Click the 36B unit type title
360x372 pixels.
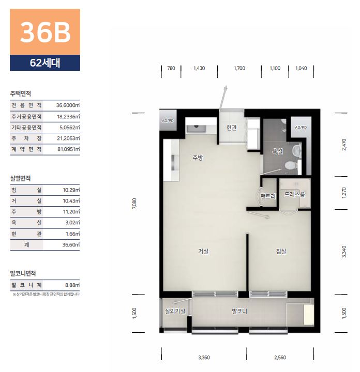coord(45,33)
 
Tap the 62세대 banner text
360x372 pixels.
coord(45,63)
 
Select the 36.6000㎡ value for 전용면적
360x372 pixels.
coord(68,105)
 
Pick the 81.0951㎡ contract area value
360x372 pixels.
coord(68,149)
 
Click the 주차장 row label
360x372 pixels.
coord(26,138)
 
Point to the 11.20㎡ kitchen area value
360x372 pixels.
coord(71,212)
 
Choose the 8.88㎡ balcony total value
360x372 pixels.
coord(72,285)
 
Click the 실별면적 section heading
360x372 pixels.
coord(20,178)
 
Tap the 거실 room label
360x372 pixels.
coord(203,251)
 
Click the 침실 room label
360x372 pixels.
coord(281,251)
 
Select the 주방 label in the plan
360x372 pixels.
coord(198,158)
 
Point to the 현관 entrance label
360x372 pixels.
coord(232,128)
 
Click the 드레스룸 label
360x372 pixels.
coord(294,195)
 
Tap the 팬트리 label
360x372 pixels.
coord(268,196)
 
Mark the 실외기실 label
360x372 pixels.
coord(175,311)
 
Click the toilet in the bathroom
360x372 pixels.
coord(290,165)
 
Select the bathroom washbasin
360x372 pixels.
coord(296,150)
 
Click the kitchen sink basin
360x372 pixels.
coord(196,129)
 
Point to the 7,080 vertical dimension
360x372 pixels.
coord(134,204)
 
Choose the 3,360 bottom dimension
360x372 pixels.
coord(204,358)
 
